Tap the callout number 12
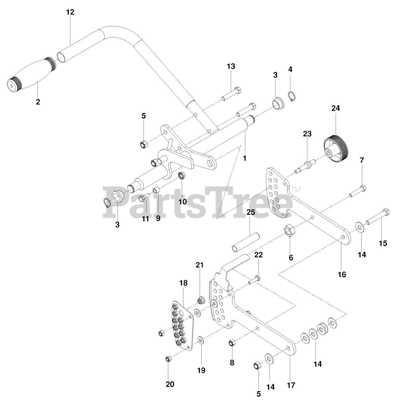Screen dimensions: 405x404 pos(70,12)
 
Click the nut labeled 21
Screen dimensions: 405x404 pos(200,300)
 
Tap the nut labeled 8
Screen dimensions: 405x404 pos(232,342)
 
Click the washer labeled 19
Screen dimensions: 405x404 pos(201,340)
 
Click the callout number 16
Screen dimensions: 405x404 pos(342,274)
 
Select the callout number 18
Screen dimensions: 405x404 pos(183,283)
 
